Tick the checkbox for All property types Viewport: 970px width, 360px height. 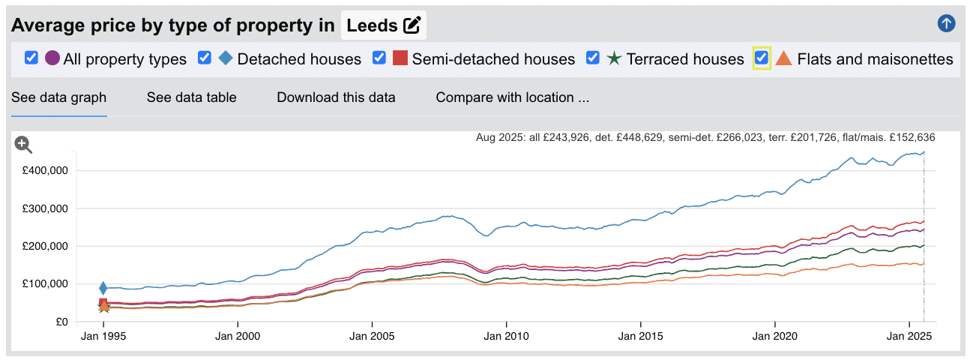tap(31, 58)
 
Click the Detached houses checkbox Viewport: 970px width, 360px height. tap(205, 58)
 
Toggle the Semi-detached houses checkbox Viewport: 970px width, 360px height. tap(379, 58)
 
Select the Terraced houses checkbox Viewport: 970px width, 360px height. tap(593, 58)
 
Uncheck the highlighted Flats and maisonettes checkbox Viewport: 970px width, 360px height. tap(762, 58)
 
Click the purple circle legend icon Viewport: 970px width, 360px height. tap(52, 58)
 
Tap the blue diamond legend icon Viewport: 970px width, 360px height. tap(226, 58)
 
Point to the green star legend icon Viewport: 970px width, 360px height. tap(614, 58)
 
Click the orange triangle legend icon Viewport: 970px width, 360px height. tap(783, 58)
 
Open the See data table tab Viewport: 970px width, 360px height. tap(191, 97)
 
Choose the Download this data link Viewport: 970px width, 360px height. tap(336, 97)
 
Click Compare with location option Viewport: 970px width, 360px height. tap(513, 97)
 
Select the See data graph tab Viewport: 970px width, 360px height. tap(58, 97)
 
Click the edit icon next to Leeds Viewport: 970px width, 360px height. tap(412, 25)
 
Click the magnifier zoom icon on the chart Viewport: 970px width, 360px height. tap(23, 144)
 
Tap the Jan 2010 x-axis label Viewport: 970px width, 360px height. tap(507, 337)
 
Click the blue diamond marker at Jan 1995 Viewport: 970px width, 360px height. tap(103, 289)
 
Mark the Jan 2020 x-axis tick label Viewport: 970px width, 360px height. tap(774, 337)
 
